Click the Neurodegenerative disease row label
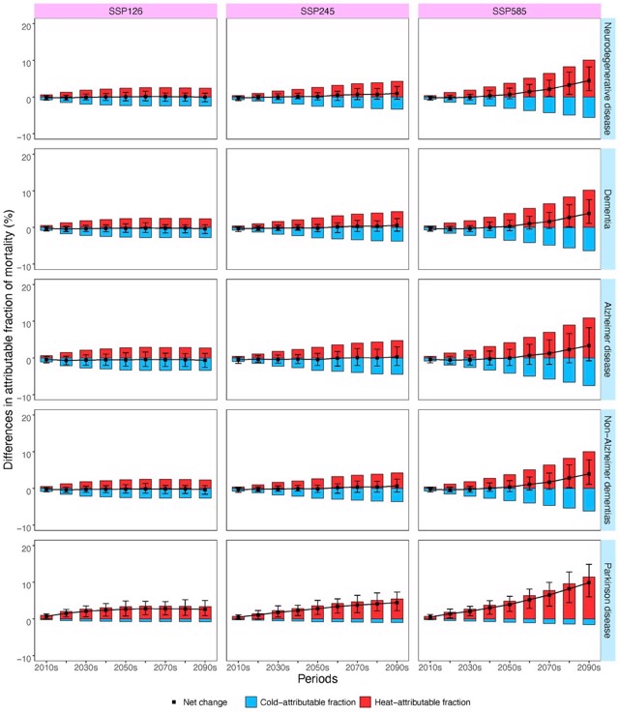click(608, 74)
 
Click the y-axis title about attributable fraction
click(9, 329)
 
